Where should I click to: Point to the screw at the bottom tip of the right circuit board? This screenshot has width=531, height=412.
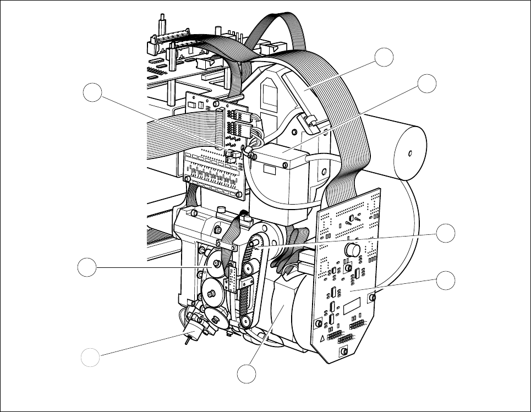click(344, 351)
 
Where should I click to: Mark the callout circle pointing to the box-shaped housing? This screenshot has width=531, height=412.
click(426, 84)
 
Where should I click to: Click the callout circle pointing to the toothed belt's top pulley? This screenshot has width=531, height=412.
click(446, 233)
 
